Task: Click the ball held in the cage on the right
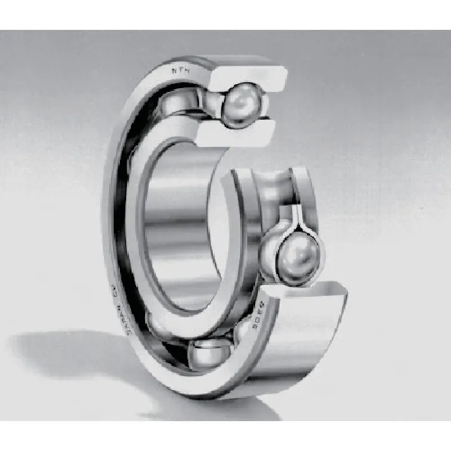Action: tap(292, 254)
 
